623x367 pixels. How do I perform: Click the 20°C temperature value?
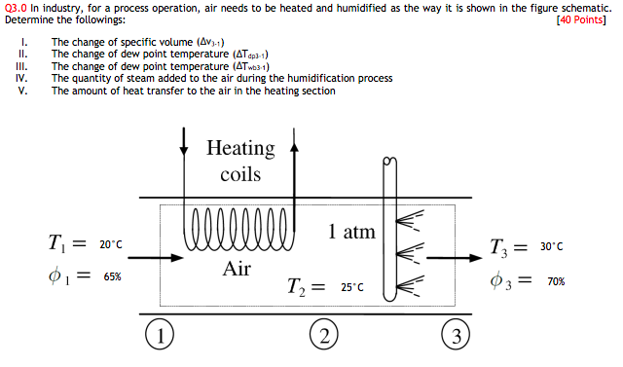coord(111,244)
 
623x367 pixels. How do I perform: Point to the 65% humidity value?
coord(113,276)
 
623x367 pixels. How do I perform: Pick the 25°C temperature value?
coord(351,287)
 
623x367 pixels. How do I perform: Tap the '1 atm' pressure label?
coord(351,233)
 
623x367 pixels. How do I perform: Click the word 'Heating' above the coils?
coord(240,148)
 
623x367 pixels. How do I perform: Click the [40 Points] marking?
coord(580,19)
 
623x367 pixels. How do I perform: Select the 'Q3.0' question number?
coord(17,7)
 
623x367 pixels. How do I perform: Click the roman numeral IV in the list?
coord(20,78)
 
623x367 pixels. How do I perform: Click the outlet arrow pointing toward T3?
coord(454,258)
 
